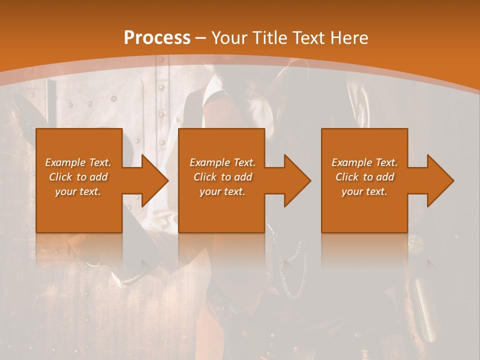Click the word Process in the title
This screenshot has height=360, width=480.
point(157,38)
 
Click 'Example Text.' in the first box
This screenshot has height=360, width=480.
point(78,162)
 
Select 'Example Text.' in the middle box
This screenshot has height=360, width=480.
point(222,162)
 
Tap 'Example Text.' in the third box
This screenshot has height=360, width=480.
point(364,162)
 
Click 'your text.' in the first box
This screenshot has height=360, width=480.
point(78,191)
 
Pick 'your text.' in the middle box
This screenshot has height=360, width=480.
point(222,191)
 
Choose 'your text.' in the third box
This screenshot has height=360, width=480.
point(364,191)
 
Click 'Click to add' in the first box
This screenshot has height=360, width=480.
point(78,177)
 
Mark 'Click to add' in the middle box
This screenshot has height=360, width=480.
point(222,177)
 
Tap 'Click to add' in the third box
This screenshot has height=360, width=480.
point(364,177)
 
